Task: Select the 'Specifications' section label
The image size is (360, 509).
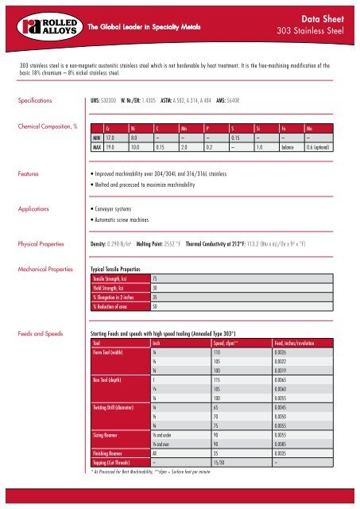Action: coord(31,102)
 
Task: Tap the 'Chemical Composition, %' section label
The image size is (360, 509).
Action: coord(44,126)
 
